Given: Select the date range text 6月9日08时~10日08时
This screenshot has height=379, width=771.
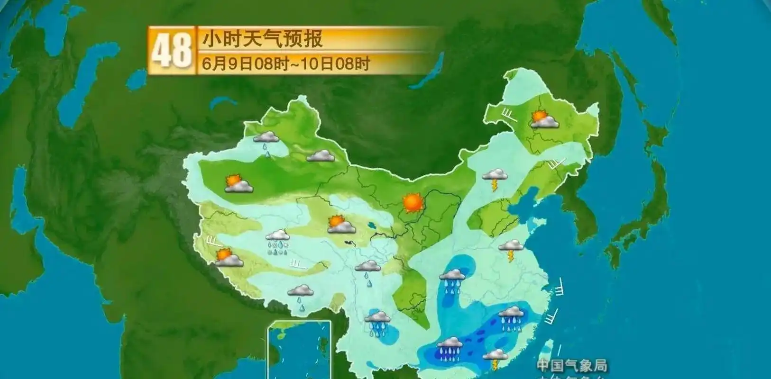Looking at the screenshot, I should click(285, 63).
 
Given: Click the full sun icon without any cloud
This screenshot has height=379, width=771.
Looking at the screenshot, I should click(413, 203).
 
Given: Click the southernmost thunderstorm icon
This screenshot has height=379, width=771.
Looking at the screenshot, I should click(496, 359).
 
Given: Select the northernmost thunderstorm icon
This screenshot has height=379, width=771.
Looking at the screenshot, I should click(495, 179).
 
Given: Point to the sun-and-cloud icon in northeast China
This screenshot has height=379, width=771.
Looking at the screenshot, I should click(544, 119).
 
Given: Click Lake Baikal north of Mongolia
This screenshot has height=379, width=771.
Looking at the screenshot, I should click(429, 71).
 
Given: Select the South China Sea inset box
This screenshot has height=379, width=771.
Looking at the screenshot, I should click(299, 350).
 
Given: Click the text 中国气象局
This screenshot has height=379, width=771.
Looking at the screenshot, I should click(572, 365).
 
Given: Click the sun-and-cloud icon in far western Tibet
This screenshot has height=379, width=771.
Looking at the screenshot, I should click(229, 258).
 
